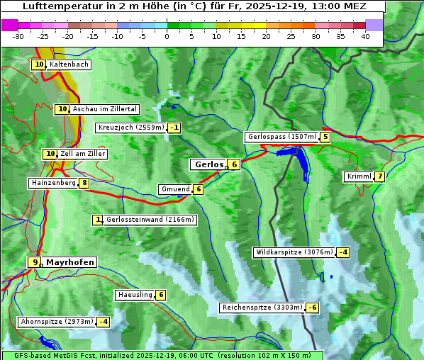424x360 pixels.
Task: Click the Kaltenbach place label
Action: [69, 64]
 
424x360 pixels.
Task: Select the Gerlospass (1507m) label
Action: [281, 137]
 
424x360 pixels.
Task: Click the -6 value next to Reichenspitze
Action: [312, 308]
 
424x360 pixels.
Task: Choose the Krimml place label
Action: [359, 176]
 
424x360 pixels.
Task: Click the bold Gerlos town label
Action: [208, 164]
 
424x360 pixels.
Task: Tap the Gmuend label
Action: [175, 189]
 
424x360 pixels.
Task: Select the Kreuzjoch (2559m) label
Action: [130, 128]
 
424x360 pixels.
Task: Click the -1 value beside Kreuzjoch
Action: [174, 128]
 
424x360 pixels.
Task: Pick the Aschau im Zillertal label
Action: [104, 109]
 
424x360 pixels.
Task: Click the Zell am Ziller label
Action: [82, 154]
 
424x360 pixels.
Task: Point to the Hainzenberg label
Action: [52, 183]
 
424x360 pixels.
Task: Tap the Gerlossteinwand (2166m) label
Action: [150, 220]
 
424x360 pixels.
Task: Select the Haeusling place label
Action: [135, 295]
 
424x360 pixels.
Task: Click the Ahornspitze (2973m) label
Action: [57, 322]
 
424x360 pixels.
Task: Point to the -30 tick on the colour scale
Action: [18, 35]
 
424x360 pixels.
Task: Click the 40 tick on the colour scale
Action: [365, 35]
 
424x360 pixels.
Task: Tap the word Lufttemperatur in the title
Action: [56, 6]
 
